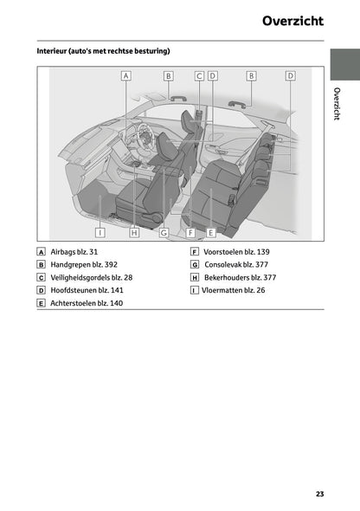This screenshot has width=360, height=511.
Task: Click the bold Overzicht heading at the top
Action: [293, 21]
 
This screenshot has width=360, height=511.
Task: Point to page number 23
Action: [319, 494]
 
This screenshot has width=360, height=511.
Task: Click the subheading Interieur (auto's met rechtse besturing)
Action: [103, 52]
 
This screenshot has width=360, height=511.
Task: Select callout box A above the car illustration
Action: [126, 76]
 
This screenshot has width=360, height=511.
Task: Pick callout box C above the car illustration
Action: [199, 76]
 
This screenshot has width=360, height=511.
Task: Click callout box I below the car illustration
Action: [100, 231]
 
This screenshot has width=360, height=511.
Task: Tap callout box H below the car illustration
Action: [134, 231]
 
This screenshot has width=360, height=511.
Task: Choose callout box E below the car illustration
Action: [211, 231]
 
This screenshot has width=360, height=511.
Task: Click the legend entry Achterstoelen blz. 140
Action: [87, 304]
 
